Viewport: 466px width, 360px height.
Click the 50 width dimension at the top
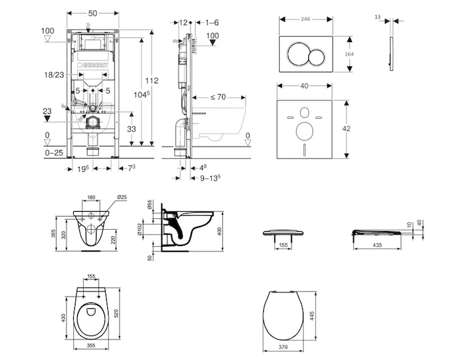click(x=93, y=12)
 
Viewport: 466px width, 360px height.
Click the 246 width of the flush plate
click(x=305, y=19)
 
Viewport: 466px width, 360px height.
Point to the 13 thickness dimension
click(x=378, y=19)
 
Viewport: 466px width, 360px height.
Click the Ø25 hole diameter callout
click(x=121, y=197)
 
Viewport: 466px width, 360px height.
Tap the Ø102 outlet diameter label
click(x=150, y=230)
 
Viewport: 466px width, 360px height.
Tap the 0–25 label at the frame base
click(x=55, y=154)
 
